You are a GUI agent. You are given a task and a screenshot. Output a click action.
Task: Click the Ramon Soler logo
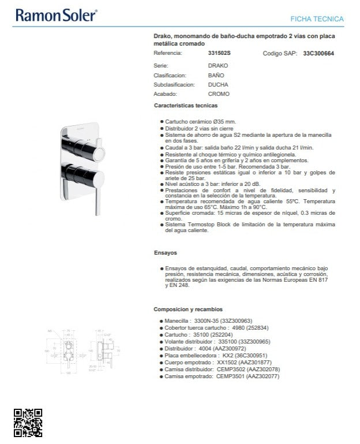click(x=56, y=15)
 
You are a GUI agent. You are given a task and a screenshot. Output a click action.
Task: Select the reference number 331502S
click(x=219, y=53)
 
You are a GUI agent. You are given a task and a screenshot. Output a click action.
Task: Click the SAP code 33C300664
click(x=318, y=53)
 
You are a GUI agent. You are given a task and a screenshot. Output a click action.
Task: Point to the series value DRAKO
click(x=217, y=66)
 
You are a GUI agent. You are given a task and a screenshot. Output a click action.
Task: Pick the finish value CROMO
click(x=218, y=94)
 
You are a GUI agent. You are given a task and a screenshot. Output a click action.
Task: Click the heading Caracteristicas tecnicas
click(x=185, y=106)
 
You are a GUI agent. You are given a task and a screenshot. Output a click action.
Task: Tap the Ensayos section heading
click(x=165, y=253)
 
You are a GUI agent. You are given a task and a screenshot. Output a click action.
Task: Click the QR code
click(x=28, y=423)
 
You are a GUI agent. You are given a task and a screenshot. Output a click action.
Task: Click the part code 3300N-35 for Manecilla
click(x=207, y=320)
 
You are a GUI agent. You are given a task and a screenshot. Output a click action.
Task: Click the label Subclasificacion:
click(x=170, y=84)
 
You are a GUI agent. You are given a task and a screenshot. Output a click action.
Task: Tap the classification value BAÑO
click(x=216, y=75)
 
